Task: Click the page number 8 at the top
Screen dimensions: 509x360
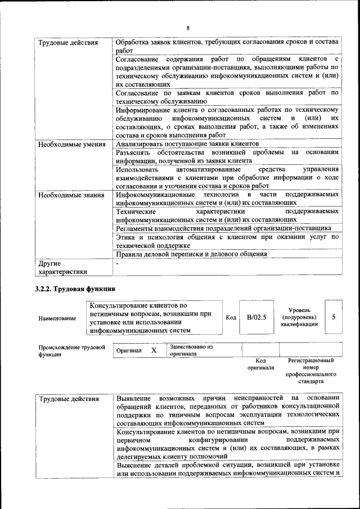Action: pyautogui.click(x=188, y=28)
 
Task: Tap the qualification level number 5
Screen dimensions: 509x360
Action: pyautogui.click(x=334, y=317)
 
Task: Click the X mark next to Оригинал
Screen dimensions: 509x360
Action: pyautogui.click(x=154, y=350)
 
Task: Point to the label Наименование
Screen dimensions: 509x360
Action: pyautogui.click(x=57, y=318)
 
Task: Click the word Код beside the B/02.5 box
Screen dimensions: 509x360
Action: pyautogui.click(x=231, y=318)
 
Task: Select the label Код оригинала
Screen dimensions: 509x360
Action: pyautogui.click(x=260, y=364)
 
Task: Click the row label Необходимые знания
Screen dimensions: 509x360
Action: pyautogui.click(x=71, y=195)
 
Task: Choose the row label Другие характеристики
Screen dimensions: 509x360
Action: pyautogui.click(x=62, y=268)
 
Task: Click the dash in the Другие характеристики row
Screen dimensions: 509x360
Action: pyautogui.click(x=117, y=263)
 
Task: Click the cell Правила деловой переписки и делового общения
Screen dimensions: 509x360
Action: pyautogui.click(x=191, y=254)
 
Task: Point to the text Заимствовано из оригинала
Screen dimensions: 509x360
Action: pyautogui.click(x=191, y=350)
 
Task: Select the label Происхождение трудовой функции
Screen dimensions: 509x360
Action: pyautogui.click(x=71, y=350)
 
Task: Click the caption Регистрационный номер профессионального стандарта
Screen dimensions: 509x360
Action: pyautogui.click(x=310, y=371)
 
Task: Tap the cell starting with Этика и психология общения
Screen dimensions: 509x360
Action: pyautogui.click(x=227, y=241)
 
